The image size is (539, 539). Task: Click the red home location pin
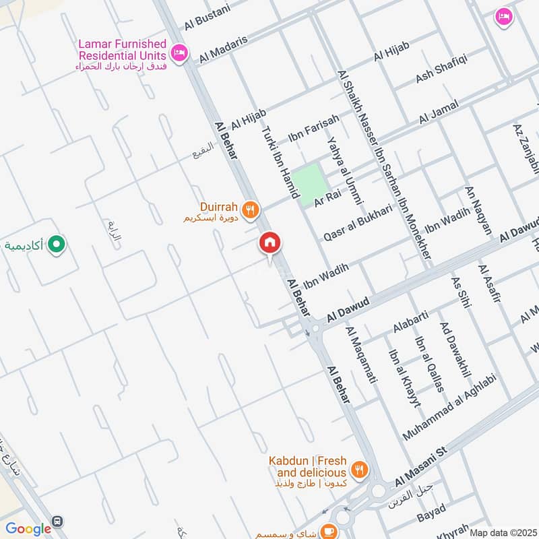(270, 243)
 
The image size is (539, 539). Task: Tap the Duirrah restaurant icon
(251, 210)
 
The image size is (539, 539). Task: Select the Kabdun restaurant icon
(360, 470)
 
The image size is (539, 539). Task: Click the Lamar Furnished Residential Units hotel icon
(179, 53)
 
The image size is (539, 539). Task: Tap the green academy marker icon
(58, 245)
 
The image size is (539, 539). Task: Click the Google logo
(28, 529)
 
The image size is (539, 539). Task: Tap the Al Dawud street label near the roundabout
(348, 311)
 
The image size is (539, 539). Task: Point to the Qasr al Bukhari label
(357, 223)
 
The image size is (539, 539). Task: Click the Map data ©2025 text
(502, 533)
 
